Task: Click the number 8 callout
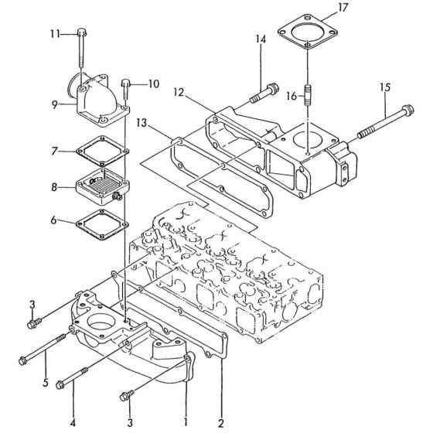point(55,186)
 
